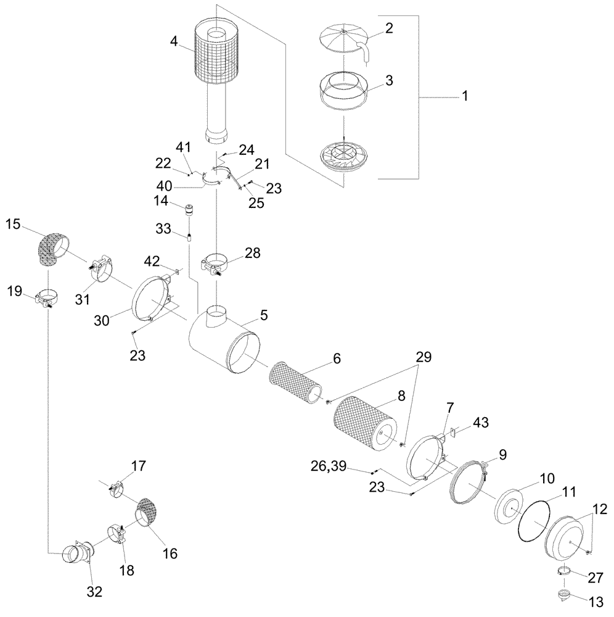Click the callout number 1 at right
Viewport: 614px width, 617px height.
465,96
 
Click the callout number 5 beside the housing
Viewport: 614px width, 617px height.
263,315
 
